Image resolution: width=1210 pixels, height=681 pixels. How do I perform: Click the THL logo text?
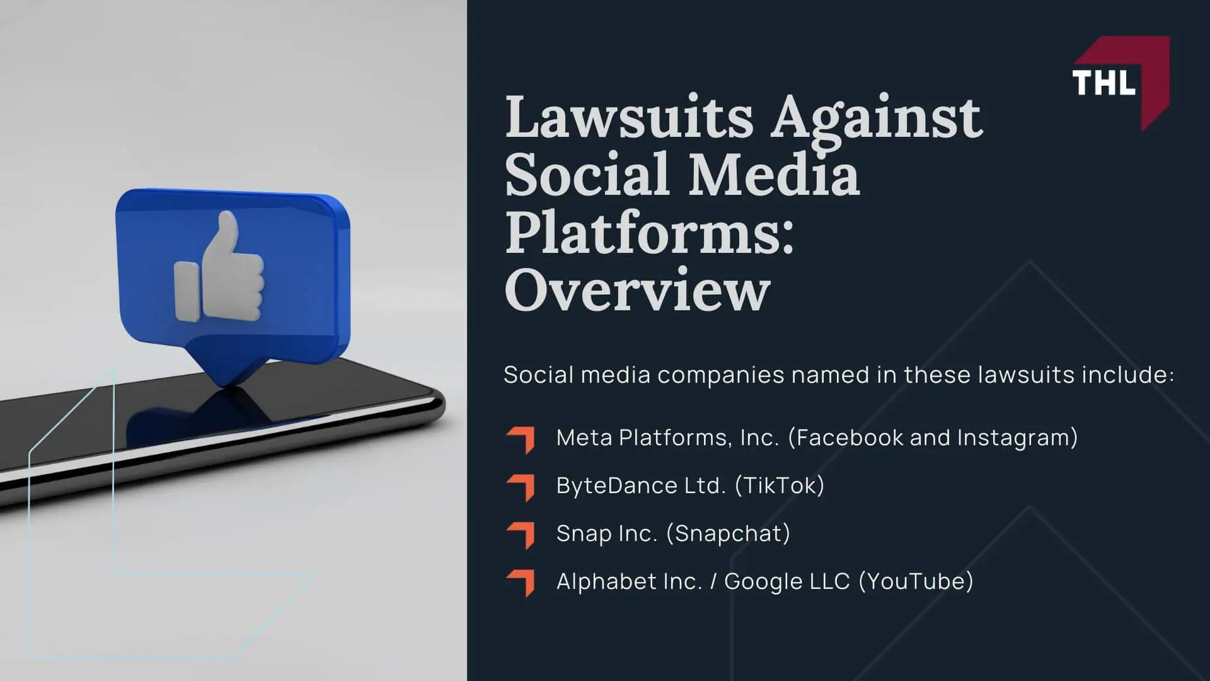1103,83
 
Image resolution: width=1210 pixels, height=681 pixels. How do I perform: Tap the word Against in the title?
877,119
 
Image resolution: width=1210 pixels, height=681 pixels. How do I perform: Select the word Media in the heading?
773,175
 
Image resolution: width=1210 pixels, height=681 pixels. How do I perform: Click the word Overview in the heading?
637,291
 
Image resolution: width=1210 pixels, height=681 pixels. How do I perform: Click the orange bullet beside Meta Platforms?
521,439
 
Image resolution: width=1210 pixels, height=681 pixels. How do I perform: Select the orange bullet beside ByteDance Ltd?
521,487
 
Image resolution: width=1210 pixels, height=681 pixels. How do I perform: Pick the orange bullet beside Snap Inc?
521,535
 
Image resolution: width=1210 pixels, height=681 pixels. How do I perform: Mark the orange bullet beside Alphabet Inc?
521,583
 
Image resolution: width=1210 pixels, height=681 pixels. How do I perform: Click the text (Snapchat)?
729,533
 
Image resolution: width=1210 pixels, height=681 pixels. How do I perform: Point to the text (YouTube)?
916,581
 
